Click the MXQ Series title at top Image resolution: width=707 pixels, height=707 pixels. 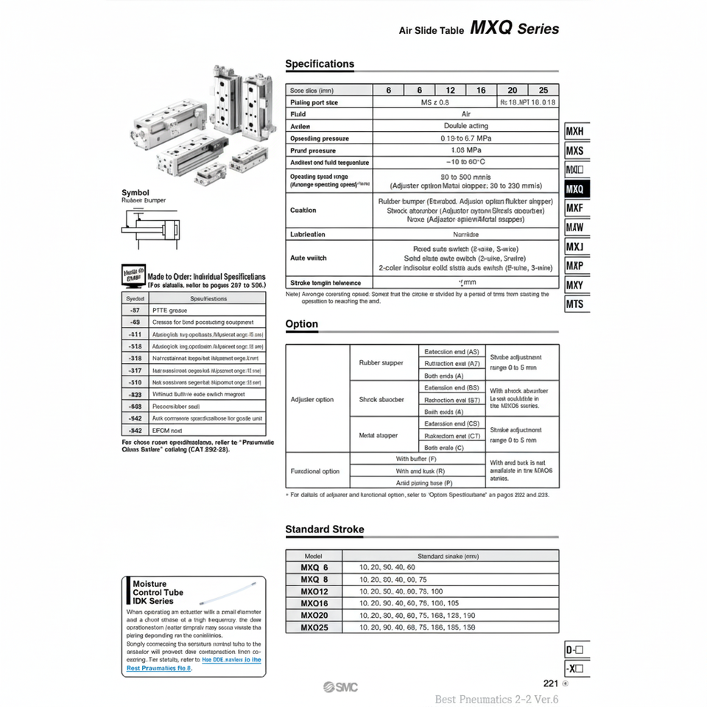(x=514, y=29)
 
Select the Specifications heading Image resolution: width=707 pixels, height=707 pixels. (x=320, y=64)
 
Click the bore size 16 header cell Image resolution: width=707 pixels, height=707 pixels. (x=481, y=91)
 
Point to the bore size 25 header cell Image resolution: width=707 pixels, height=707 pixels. (x=544, y=91)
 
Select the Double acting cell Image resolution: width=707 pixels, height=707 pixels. (x=465, y=127)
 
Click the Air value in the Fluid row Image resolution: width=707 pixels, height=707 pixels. (x=465, y=115)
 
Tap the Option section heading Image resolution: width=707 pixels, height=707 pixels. (x=302, y=324)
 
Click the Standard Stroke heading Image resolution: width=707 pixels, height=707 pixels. (x=325, y=529)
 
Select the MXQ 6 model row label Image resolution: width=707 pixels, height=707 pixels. (x=314, y=568)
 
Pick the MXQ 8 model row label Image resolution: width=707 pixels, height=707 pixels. (x=314, y=580)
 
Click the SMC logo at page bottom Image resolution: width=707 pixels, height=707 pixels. (x=340, y=686)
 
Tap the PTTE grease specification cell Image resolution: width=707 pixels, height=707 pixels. (x=169, y=311)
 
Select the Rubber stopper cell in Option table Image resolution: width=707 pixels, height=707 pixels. (x=381, y=363)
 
